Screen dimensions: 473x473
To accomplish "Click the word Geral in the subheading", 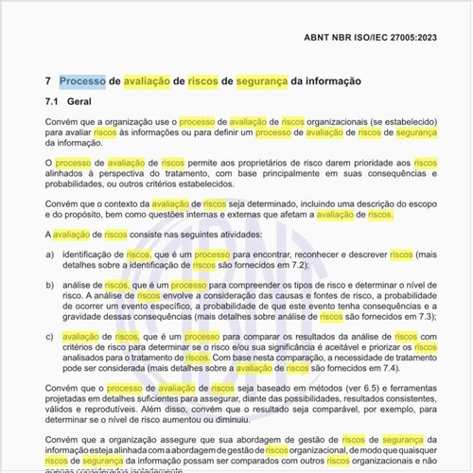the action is (80, 101).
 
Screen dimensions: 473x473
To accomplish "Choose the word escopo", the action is (412, 203).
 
